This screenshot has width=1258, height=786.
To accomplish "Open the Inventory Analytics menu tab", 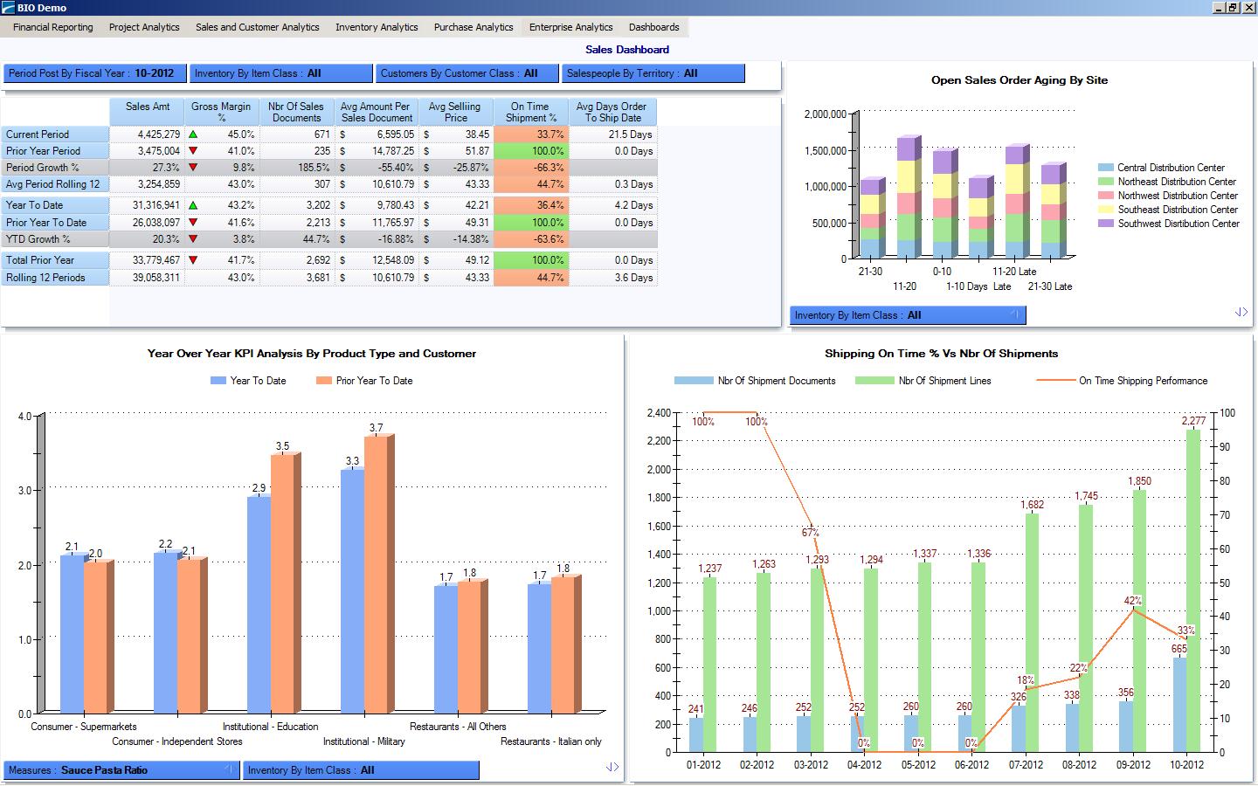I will tap(377, 27).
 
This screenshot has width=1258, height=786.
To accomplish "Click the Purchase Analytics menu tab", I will tap(473, 27).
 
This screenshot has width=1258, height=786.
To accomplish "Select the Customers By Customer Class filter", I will tap(467, 73).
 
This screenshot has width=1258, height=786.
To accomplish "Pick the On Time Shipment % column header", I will tap(530, 112).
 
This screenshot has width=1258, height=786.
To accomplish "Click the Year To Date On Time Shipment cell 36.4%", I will tap(531, 205).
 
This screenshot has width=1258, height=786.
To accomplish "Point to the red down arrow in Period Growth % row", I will tap(193, 167).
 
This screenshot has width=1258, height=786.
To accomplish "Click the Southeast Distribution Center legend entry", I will tap(1176, 210).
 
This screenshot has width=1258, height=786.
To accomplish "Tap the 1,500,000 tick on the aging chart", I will tap(825, 150).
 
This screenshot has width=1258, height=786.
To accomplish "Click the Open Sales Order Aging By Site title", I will tap(1019, 80).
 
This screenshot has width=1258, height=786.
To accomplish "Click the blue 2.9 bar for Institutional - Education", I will tap(259, 603).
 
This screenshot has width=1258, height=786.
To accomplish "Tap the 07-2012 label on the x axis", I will tap(1026, 765).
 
